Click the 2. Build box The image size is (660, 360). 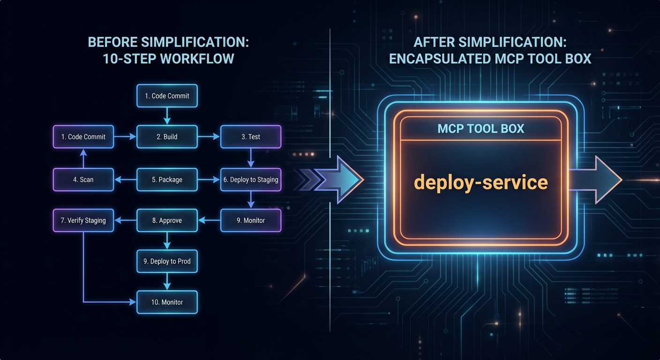(x=167, y=137)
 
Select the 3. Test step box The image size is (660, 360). (x=251, y=137)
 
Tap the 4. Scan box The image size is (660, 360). (x=83, y=180)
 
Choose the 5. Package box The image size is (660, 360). (x=167, y=180)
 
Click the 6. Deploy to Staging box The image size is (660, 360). (x=251, y=180)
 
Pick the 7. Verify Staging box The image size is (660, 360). (x=83, y=220)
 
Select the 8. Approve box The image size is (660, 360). (x=167, y=220)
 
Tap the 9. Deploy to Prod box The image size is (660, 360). (x=167, y=261)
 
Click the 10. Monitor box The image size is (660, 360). (x=167, y=302)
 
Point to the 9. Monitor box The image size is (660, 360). (x=251, y=220)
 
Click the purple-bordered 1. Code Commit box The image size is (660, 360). (x=83, y=137)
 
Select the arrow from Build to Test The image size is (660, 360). (x=209, y=137)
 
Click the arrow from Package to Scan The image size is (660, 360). (x=125, y=180)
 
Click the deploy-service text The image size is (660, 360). (x=481, y=182)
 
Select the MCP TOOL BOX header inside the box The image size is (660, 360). (x=481, y=129)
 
